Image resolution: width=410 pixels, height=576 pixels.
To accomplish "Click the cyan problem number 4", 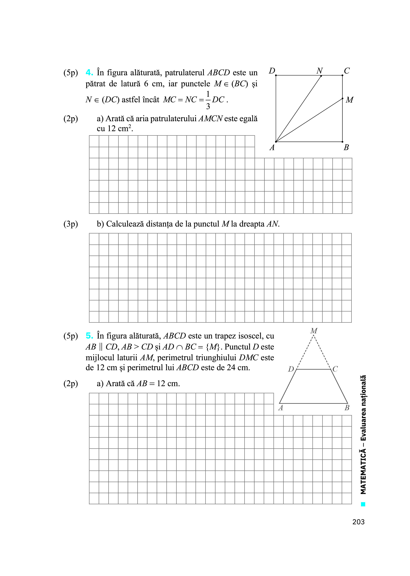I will (89, 73).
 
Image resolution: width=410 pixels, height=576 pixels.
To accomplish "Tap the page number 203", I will (358, 522).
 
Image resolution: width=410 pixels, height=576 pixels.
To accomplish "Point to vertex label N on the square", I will (320, 71).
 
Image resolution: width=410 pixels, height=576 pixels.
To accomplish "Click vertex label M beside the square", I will (349, 100).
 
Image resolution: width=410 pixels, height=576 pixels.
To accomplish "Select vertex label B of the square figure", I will (346, 147).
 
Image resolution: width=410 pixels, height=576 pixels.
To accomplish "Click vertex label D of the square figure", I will (272, 71).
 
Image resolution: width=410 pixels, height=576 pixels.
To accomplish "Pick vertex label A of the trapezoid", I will (281, 408).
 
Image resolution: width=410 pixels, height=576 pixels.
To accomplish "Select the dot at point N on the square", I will (321, 76).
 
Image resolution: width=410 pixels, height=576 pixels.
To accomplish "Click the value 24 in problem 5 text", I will (231, 368).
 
